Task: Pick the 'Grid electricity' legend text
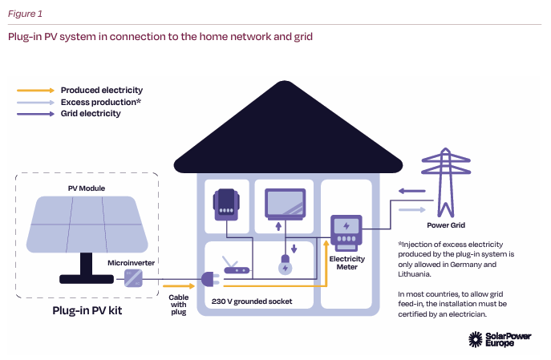tap(91, 114)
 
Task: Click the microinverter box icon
tap(132, 277)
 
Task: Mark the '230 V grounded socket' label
tap(251, 301)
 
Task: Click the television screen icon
tap(285, 204)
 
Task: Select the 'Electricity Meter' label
tap(347, 262)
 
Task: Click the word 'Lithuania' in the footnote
tap(418, 274)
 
